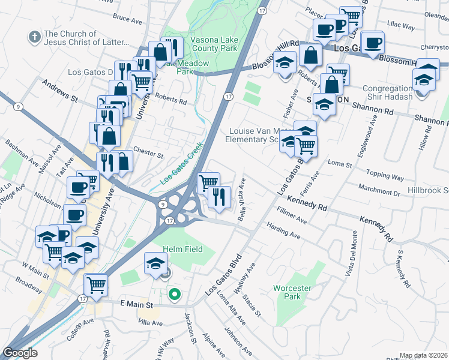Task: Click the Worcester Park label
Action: pyautogui.click(x=292, y=292)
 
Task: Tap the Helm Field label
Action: pyautogui.click(x=182, y=249)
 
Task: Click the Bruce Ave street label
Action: pyautogui.click(x=127, y=19)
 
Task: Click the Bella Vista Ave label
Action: pyautogui.click(x=242, y=199)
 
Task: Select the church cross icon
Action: pyautogui.click(x=34, y=38)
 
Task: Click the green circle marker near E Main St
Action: pyautogui.click(x=175, y=294)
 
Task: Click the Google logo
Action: pyautogui.click(x=20, y=352)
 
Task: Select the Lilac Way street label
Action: pyautogui.click(x=402, y=26)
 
